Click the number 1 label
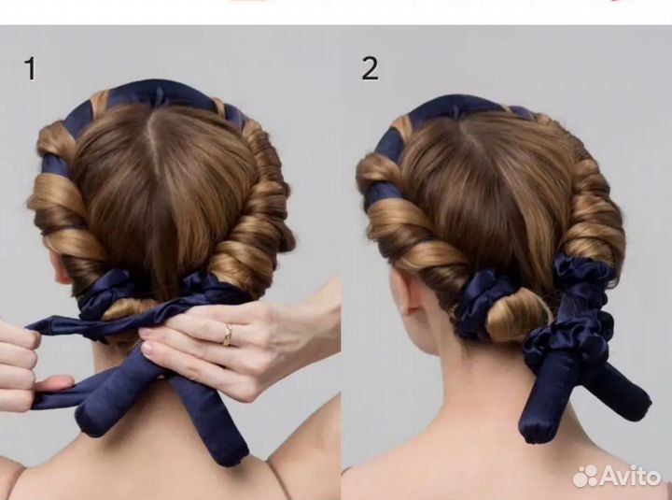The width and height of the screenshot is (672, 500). click(x=31, y=68)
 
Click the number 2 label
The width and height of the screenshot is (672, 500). click(x=370, y=68)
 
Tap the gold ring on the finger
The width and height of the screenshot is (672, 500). click(x=228, y=335)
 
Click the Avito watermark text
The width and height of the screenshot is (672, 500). click(x=631, y=476)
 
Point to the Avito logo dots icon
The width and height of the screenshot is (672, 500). click(x=585, y=476)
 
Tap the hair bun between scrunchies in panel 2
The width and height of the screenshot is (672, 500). click(x=516, y=316)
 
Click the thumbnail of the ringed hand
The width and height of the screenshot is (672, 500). click(x=148, y=349)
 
